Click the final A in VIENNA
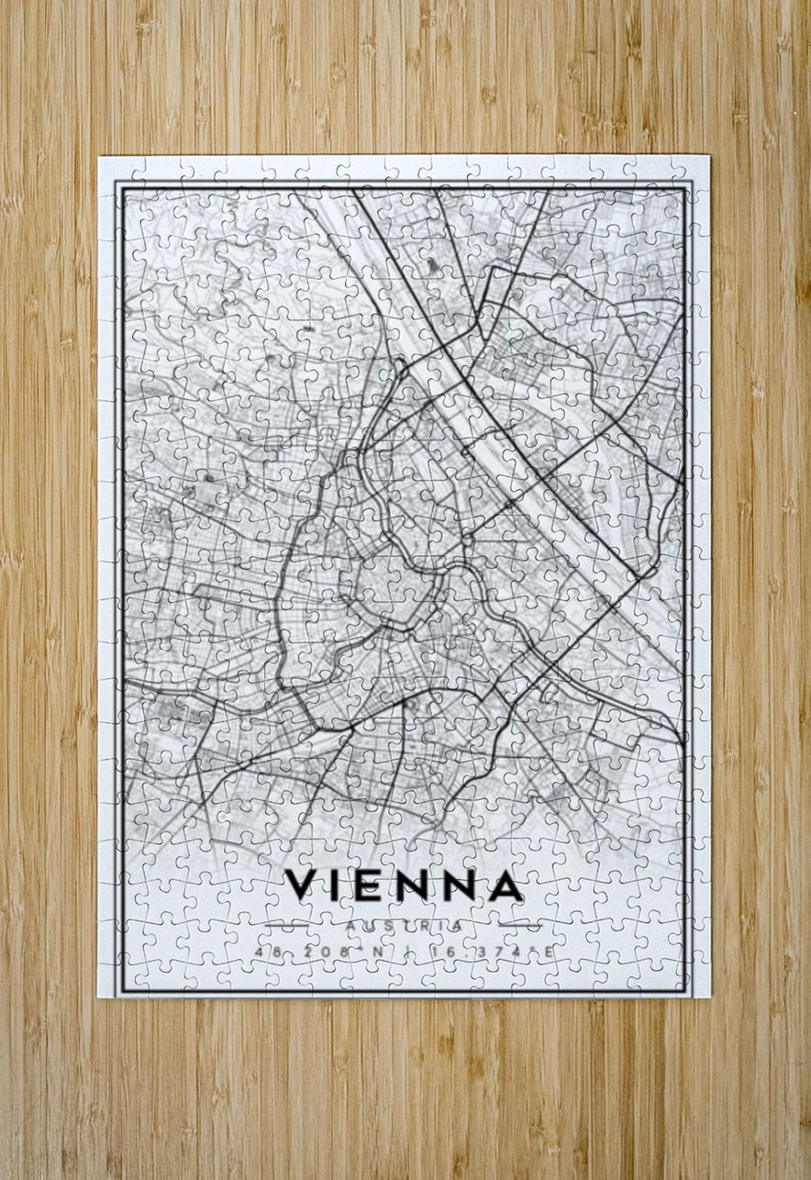point(505,885)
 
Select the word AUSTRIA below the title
point(405,927)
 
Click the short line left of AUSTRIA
point(286,925)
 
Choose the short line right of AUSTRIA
point(522,925)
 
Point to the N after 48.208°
point(376,952)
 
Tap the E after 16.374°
point(549,952)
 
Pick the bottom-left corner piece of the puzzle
point(116,981)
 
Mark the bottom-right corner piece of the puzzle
point(693,981)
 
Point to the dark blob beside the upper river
point(430,265)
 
